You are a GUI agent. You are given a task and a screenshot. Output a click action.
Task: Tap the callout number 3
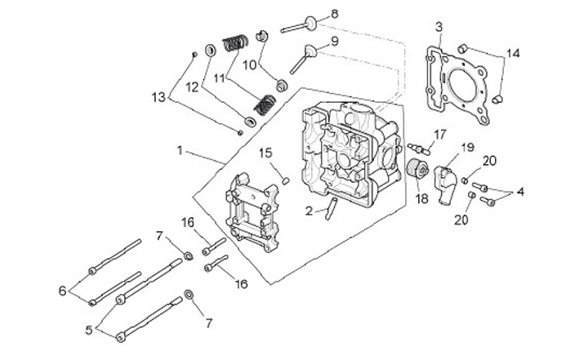coord(439,27)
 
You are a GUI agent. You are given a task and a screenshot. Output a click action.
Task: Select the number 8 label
coord(333,15)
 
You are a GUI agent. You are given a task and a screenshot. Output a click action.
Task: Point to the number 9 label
coord(334,41)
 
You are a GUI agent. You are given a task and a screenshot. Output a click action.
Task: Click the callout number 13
coord(159,96)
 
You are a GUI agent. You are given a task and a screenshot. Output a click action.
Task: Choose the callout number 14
coord(511,54)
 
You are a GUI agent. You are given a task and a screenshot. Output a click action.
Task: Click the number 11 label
coord(219,79)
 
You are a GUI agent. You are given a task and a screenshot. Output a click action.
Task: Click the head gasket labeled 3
coord(457,85)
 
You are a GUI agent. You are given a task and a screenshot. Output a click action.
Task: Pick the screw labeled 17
coord(422,149)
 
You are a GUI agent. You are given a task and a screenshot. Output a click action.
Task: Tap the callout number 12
coord(194,86)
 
